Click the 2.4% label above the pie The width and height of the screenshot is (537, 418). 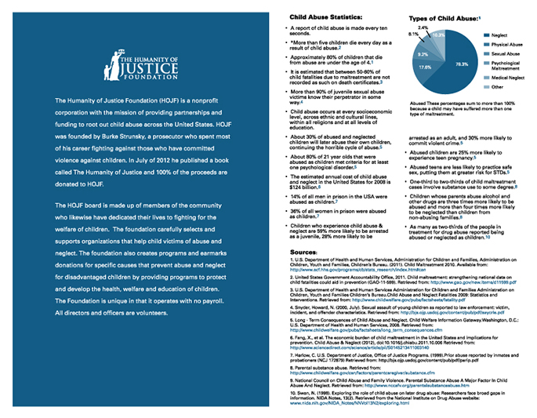pos(423,27)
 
